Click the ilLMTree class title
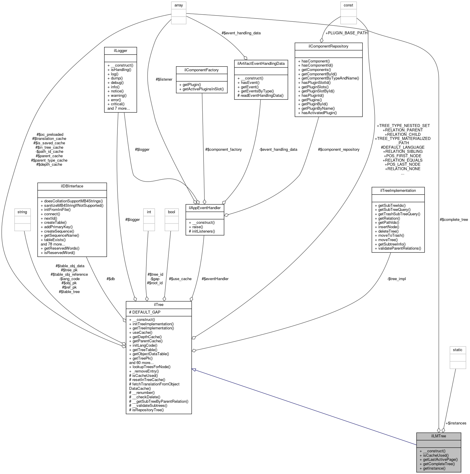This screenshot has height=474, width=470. [438, 436]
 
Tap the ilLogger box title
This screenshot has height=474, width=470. [120, 50]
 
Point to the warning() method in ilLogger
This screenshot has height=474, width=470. [119, 95]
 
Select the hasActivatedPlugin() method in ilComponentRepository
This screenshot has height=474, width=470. [319, 113]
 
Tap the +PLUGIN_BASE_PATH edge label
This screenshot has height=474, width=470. [346, 33]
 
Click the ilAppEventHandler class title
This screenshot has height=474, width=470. [205, 207]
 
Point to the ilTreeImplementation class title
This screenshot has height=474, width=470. [398, 190]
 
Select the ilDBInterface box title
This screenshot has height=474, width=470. [72, 186]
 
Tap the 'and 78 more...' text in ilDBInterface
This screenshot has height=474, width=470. [53, 244]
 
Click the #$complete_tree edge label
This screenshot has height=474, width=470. [454, 219]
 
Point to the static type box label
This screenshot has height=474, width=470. [457, 350]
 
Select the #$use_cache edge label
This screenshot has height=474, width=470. [180, 279]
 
